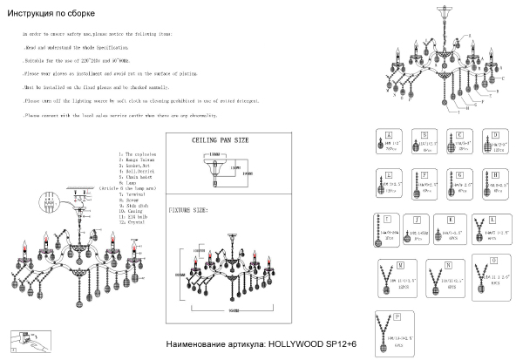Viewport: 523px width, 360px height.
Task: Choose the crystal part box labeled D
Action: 496,141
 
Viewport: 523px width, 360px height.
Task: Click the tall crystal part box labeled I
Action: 386,229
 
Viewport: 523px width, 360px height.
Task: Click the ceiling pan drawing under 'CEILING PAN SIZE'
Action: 213,169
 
